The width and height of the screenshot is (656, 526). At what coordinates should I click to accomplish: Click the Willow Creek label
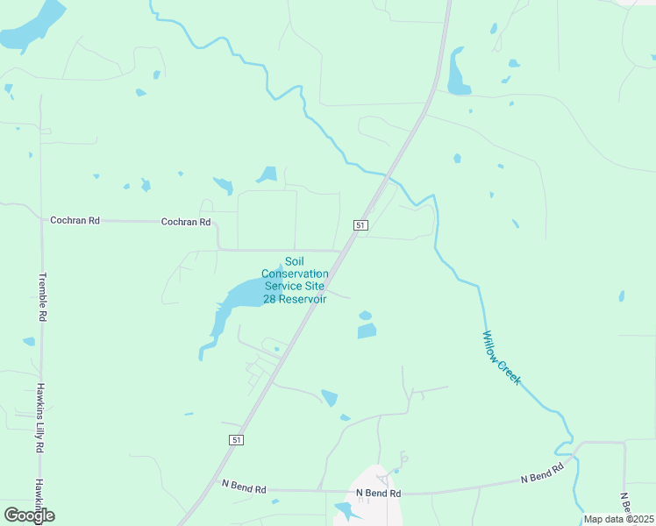point(502,358)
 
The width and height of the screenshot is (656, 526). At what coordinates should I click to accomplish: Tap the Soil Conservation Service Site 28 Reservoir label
point(295,281)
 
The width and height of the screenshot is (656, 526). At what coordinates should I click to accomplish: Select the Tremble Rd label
point(41,297)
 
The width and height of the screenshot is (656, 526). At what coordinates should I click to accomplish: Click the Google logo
point(29,515)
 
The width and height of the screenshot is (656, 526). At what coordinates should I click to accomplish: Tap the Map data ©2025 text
point(618,519)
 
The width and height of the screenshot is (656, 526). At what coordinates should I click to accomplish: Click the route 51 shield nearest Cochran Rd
point(360,225)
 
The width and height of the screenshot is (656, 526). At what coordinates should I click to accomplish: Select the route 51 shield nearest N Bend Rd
point(235,437)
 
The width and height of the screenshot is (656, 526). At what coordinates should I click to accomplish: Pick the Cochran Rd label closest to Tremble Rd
point(75,221)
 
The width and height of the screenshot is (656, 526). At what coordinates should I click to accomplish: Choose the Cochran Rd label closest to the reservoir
point(186,223)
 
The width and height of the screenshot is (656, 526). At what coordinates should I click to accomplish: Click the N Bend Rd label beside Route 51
point(244,485)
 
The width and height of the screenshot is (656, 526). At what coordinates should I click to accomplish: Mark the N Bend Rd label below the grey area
point(378,494)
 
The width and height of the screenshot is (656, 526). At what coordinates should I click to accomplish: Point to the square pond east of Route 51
point(367,331)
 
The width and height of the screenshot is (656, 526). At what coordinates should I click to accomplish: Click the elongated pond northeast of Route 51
point(457,74)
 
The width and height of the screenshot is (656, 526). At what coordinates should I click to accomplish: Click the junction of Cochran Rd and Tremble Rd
point(41,219)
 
